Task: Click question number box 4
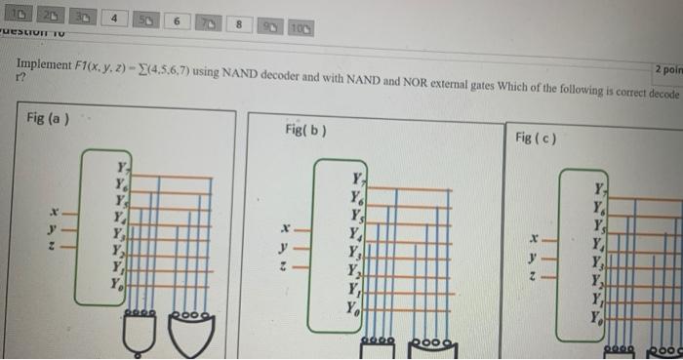115,17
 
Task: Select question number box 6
177,20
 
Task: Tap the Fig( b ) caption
305,129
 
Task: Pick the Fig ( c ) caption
536,138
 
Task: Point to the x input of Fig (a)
58,211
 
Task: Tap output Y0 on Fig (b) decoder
348,309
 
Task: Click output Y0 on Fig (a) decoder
119,285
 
